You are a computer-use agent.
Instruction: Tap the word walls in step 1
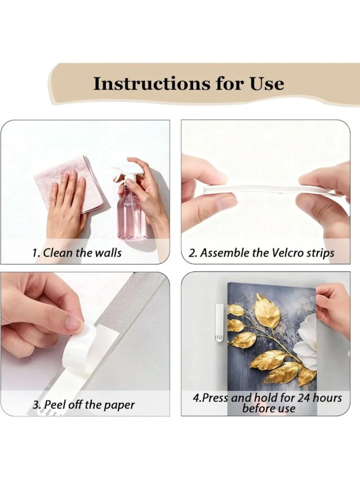click(109, 253)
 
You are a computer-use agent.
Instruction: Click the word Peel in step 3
click(54, 404)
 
